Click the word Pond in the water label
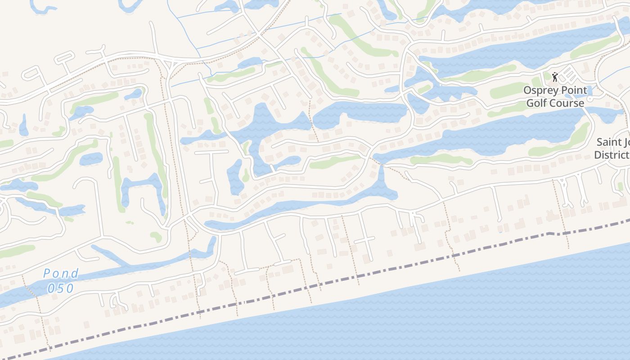pyautogui.click(x=61, y=273)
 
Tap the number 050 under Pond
pyautogui.click(x=60, y=288)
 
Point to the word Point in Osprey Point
pyautogui.click(x=572, y=90)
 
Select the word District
pyautogui.click(x=612, y=155)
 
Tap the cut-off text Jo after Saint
pyautogui.click(x=626, y=142)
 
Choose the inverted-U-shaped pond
pyautogui.click(x=141, y=189)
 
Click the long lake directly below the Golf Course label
pyautogui.click(x=495, y=135)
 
